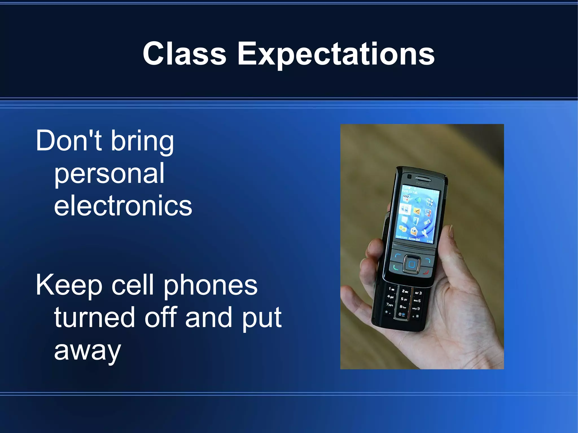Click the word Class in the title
184,54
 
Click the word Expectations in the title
336,54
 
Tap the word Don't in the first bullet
69,140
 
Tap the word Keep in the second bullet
69,285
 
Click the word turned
94,318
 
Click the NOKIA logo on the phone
423,184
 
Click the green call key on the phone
396,267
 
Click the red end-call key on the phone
425,272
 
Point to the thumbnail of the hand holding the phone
422,246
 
